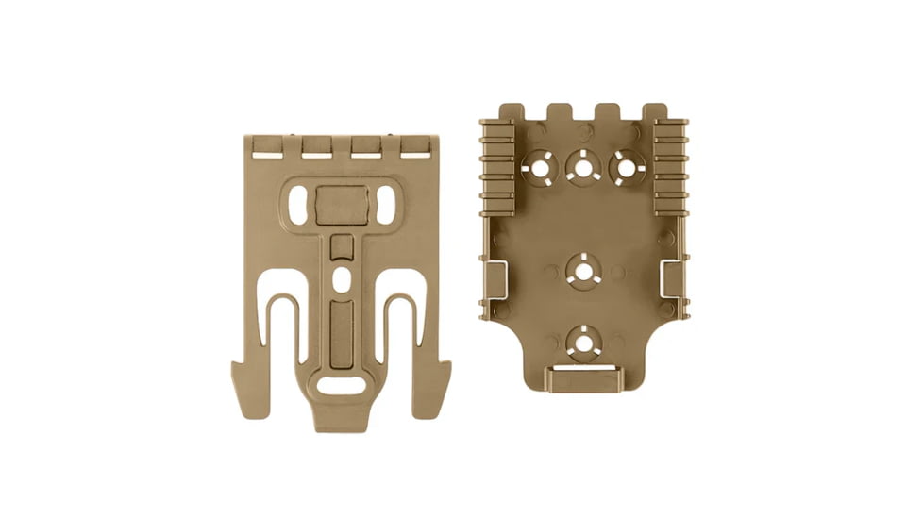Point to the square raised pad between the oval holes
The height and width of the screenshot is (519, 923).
click(x=341, y=205)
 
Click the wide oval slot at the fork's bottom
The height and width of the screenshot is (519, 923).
click(x=341, y=385)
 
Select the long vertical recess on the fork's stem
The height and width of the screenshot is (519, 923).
click(x=341, y=330)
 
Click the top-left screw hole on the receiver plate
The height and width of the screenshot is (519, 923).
click(x=540, y=168)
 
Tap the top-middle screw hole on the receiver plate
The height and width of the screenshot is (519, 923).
click(x=583, y=168)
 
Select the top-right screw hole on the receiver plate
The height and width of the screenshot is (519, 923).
click(x=627, y=168)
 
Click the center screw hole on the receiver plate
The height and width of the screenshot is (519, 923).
click(x=583, y=272)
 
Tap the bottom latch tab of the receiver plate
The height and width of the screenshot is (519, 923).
click(x=583, y=380)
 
